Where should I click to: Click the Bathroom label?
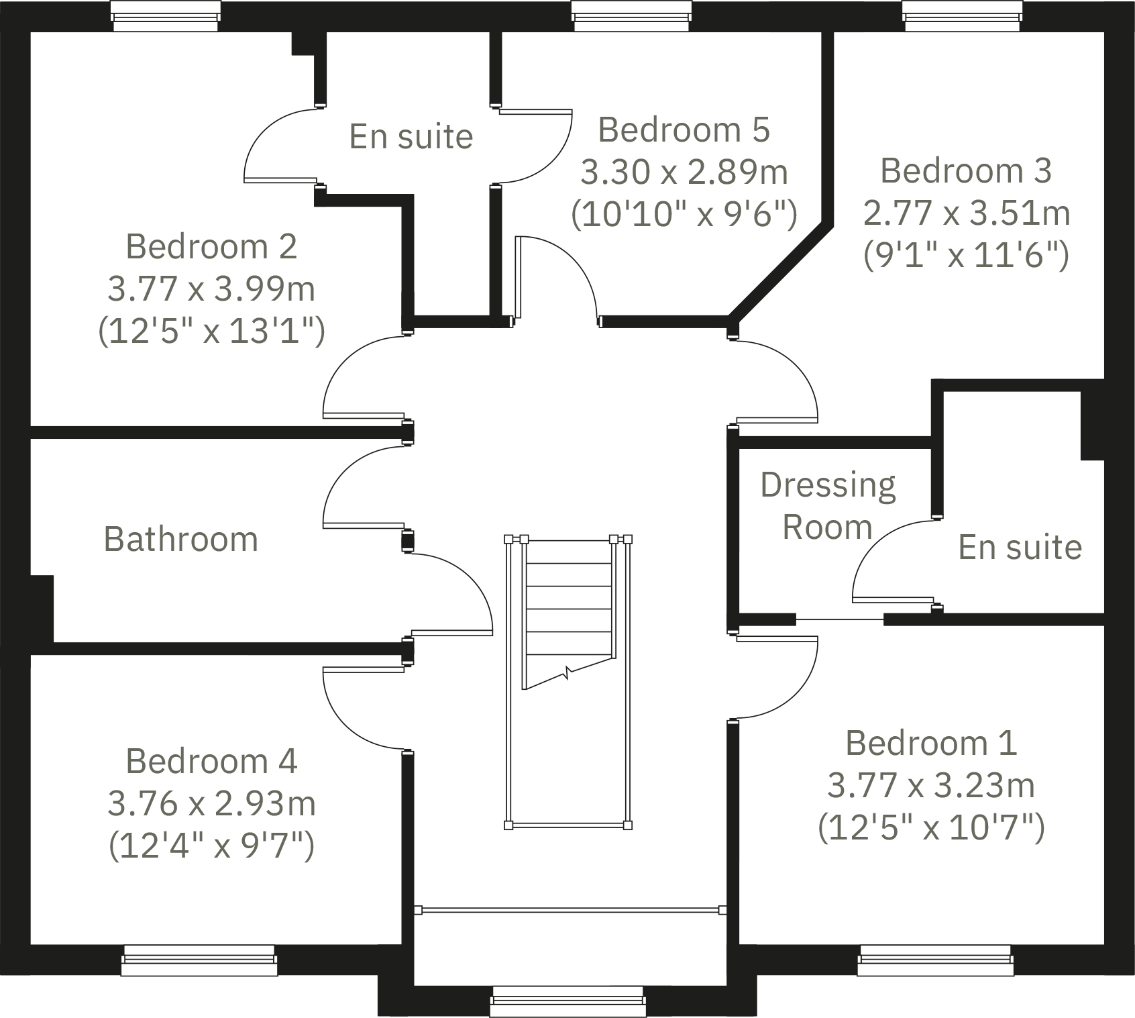pyautogui.click(x=181, y=540)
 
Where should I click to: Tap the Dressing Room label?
pyautogui.click(x=828, y=506)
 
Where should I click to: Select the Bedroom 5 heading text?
pyautogui.click(x=684, y=130)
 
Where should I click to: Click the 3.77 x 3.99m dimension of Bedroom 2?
pyautogui.click(x=211, y=289)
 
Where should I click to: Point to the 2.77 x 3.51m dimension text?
pyautogui.click(x=966, y=213)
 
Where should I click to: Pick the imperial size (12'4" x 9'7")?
pyautogui.click(x=211, y=845)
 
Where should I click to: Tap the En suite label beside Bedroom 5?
pyautogui.click(x=411, y=137)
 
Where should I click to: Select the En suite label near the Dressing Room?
pyautogui.click(x=1020, y=548)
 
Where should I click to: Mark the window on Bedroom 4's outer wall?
pyautogui.click(x=199, y=960)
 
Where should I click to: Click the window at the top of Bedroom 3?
pyautogui.click(x=963, y=15)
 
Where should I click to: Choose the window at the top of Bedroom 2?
pyautogui.click(x=166, y=15)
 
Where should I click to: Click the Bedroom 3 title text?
pyautogui.click(x=966, y=171)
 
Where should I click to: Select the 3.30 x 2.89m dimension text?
pyautogui.click(x=684, y=172)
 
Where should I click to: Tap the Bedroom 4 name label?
pyautogui.click(x=211, y=762)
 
